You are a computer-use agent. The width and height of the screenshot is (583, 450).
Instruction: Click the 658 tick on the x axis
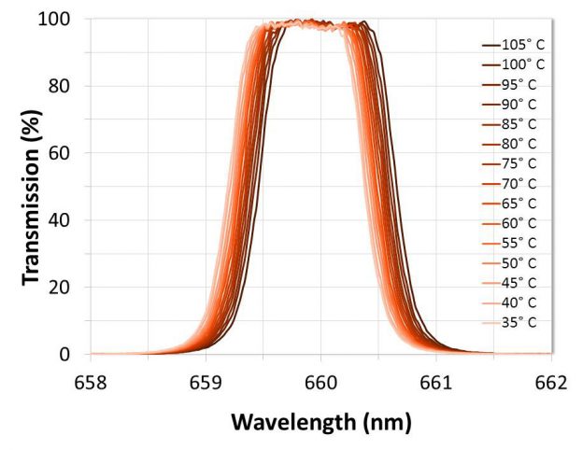[x=91, y=382]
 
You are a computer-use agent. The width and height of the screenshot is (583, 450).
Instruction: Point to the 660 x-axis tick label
[x=320, y=382]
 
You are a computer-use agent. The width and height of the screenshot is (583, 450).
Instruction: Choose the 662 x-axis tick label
[x=550, y=382]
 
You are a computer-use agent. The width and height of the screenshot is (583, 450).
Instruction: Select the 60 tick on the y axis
[x=69, y=153]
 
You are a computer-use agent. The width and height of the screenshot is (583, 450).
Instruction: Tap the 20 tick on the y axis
[x=69, y=288]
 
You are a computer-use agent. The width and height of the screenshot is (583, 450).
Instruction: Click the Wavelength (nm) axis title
[x=321, y=423]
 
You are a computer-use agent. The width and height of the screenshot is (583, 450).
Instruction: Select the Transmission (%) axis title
[x=30, y=187]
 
